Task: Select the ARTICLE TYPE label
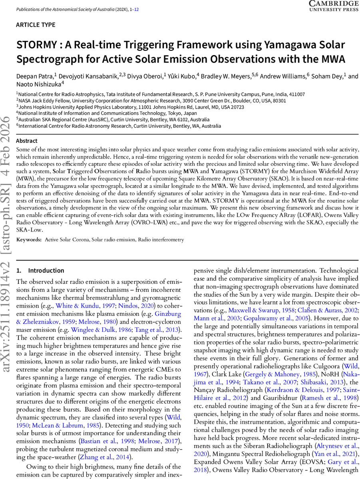click(36, 25)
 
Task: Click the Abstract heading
click(27, 141)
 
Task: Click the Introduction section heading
click(46, 270)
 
